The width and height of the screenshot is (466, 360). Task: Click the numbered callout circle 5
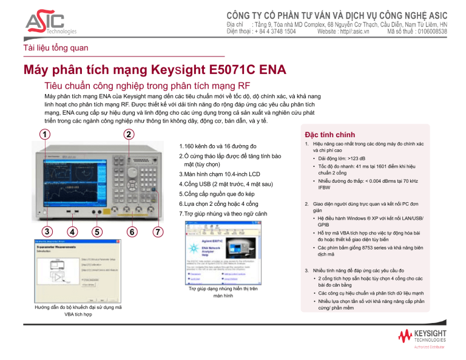(96, 231)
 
